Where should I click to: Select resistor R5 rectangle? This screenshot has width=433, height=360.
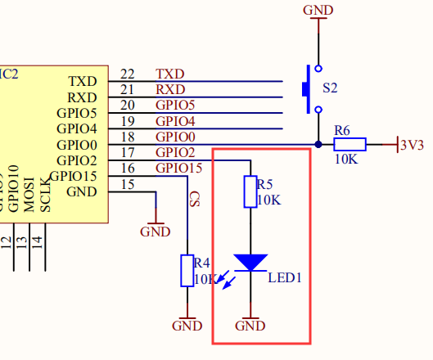click(250, 191)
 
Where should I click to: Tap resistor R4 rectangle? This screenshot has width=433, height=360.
click(187, 271)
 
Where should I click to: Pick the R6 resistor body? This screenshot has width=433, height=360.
click(350, 145)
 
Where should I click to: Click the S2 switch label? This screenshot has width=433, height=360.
click(329, 87)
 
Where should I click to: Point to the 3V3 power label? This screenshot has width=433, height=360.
click(412, 145)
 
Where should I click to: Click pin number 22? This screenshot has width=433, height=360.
click(127, 74)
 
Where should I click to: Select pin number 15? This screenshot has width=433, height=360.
click(127, 184)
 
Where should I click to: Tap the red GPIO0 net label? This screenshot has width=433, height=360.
click(175, 137)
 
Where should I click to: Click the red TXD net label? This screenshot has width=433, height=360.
click(169, 74)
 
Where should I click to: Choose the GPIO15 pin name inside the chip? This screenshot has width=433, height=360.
click(73, 176)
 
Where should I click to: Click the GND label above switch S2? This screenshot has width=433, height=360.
click(318, 10)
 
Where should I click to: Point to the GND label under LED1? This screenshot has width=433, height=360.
click(250, 326)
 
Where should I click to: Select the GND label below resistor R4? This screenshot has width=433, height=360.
click(187, 326)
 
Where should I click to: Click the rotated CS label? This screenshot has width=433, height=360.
click(195, 200)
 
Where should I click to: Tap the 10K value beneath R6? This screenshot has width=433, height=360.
click(346, 160)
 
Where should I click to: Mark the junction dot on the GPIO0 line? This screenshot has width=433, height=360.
click(318, 145)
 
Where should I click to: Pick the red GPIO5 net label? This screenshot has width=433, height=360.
click(175, 106)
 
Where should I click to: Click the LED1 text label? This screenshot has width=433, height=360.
click(285, 277)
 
